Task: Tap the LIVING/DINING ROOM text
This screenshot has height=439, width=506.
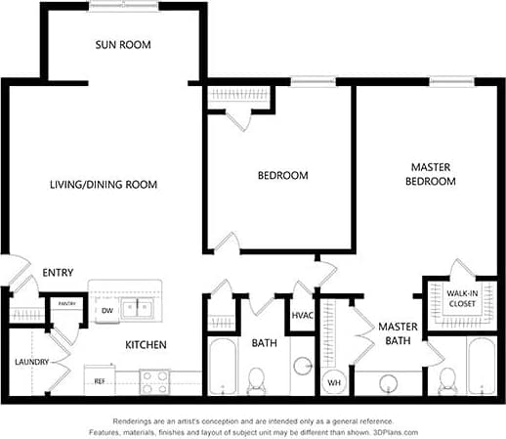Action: tap(104, 184)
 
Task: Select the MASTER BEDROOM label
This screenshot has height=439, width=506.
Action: tap(430, 174)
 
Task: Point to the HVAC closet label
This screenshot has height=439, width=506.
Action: tap(301, 316)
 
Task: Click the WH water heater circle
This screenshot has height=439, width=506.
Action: tap(334, 381)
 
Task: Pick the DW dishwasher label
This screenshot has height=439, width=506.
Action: tap(107, 311)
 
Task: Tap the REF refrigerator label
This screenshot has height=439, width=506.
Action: tap(100, 380)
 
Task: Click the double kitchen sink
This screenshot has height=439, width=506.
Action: tap(137, 309)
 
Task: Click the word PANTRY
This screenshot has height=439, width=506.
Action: tap(66, 304)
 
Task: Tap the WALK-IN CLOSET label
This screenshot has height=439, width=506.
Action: tap(462, 298)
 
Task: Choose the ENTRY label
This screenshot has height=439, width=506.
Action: tap(58, 273)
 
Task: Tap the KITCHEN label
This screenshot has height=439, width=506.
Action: tap(145, 345)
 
